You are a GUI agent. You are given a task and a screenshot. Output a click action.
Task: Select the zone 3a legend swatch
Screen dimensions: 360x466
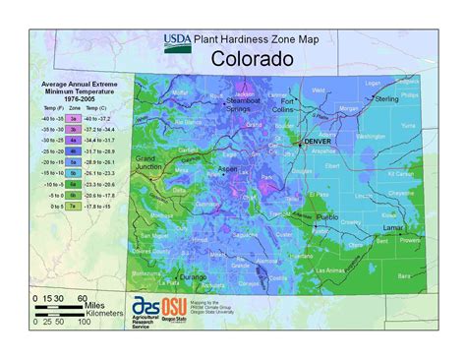coord(73,117)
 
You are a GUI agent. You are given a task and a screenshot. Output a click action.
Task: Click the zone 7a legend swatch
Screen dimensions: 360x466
coord(73,207)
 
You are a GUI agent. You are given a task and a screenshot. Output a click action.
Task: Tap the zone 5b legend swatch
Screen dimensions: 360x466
coord(73,172)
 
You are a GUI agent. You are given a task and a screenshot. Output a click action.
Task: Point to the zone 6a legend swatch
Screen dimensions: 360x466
coord(73,184)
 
